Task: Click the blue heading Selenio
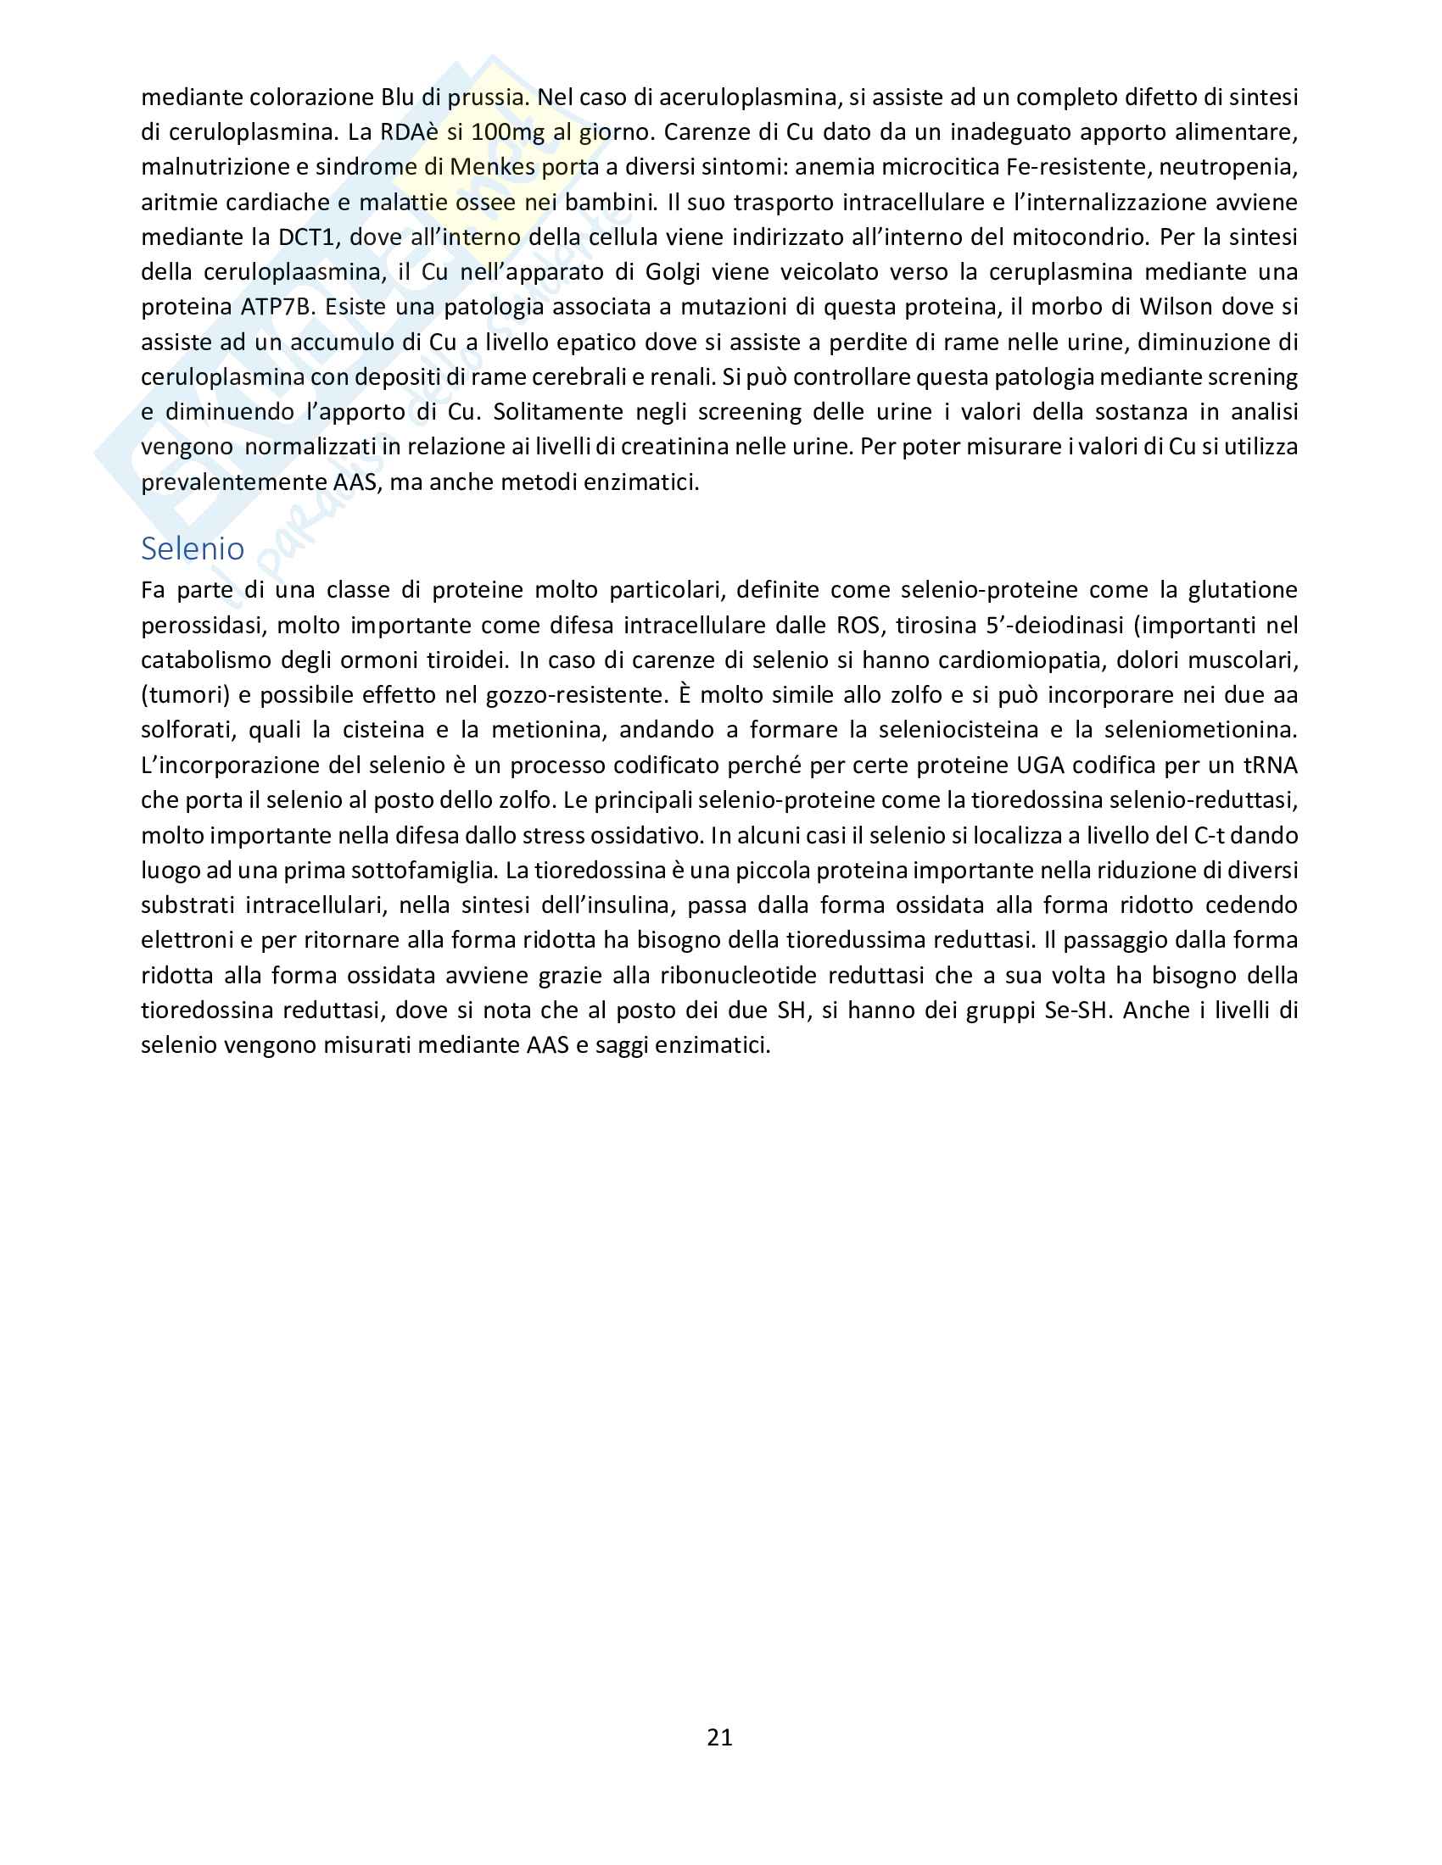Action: (193, 548)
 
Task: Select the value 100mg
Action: (507, 132)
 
